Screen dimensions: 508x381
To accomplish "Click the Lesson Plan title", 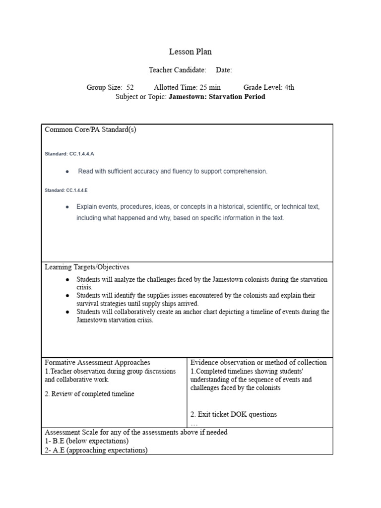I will [x=190, y=52].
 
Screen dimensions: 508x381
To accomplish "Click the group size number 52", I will [x=130, y=87].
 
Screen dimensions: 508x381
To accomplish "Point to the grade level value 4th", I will [x=289, y=87].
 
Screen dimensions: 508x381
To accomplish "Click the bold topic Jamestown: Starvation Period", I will [x=217, y=97].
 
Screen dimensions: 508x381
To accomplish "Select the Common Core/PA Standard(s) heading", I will [x=90, y=130].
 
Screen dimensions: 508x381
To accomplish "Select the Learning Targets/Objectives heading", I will [x=87, y=267].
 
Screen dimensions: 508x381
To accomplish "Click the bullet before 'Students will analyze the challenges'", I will [x=67, y=280].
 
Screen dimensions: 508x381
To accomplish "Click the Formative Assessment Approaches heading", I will [x=97, y=363].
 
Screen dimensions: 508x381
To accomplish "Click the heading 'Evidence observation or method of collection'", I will [x=258, y=363].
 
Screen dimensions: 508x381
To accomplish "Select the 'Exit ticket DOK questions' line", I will [x=234, y=414].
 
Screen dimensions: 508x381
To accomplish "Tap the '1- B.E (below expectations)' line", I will [x=86, y=441].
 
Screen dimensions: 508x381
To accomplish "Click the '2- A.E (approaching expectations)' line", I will [x=96, y=450].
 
